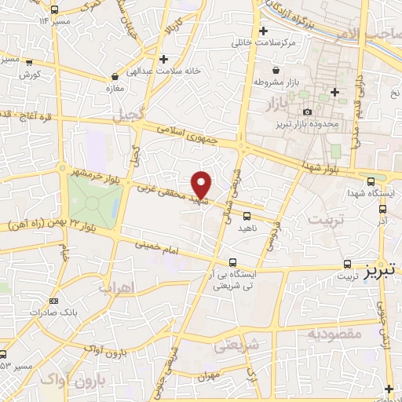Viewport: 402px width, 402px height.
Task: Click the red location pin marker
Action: (203, 185)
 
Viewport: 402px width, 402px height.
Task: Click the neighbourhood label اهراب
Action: (117, 287)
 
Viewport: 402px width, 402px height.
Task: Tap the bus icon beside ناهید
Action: (247, 215)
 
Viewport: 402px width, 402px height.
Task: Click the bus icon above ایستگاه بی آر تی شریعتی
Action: (232, 262)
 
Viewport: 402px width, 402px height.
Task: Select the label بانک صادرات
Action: (35, 312)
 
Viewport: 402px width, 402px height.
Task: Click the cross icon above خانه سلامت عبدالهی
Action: (163, 59)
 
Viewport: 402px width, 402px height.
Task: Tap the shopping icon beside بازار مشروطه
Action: (258, 81)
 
